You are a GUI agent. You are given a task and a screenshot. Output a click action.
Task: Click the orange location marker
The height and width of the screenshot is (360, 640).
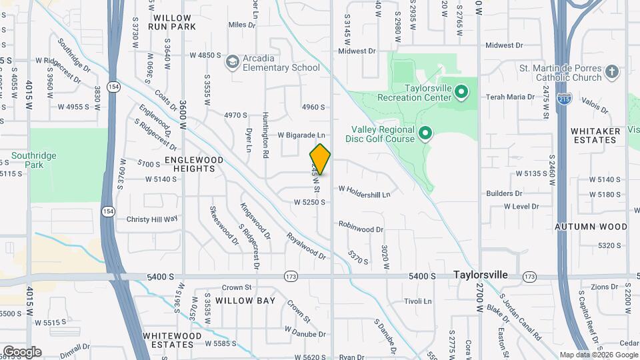pyautogui.click(x=320, y=159)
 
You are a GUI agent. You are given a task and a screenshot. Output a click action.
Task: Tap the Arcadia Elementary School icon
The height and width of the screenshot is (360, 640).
pyautogui.click(x=233, y=63)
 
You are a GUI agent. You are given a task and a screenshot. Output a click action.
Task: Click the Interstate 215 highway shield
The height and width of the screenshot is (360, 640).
pyautogui.click(x=564, y=99)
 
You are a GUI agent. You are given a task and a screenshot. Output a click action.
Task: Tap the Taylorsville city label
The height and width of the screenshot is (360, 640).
pyautogui.click(x=481, y=275)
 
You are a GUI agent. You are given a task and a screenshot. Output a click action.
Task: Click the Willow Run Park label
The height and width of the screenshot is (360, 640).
pyautogui.click(x=173, y=22)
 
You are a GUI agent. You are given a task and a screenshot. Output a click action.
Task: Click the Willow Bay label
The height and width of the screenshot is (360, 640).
pyautogui.click(x=245, y=301)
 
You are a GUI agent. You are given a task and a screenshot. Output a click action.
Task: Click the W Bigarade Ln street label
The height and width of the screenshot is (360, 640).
pyautogui.click(x=301, y=135)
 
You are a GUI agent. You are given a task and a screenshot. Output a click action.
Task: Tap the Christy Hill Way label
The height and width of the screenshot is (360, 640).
pyautogui.click(x=152, y=219)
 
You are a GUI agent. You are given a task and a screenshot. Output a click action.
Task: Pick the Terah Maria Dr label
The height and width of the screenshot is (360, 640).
pyautogui.click(x=511, y=97)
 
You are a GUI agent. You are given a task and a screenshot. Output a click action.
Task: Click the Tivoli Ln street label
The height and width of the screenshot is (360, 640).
pyautogui.click(x=418, y=301)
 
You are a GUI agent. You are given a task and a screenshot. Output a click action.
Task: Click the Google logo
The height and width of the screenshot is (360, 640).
pyautogui.click(x=22, y=352)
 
